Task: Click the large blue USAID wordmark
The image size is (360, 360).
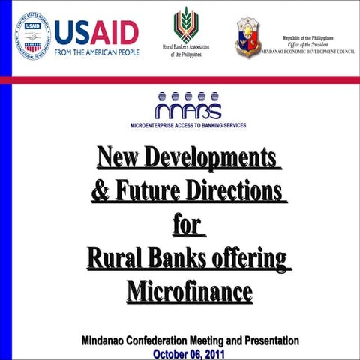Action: (x=96, y=32)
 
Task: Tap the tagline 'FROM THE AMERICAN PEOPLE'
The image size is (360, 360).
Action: (x=96, y=52)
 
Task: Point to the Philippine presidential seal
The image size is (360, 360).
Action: (x=247, y=37)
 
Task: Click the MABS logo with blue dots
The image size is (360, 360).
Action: (x=188, y=106)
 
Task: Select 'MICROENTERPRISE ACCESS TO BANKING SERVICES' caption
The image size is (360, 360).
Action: (x=188, y=124)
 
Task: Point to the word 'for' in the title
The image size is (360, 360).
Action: (x=187, y=224)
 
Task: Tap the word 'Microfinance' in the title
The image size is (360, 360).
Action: (x=189, y=290)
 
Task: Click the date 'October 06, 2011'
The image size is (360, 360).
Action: (x=188, y=353)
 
